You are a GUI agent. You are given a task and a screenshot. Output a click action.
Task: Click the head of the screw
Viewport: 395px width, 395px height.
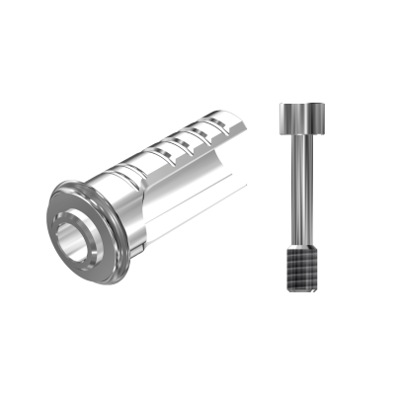(x=303, y=119)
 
